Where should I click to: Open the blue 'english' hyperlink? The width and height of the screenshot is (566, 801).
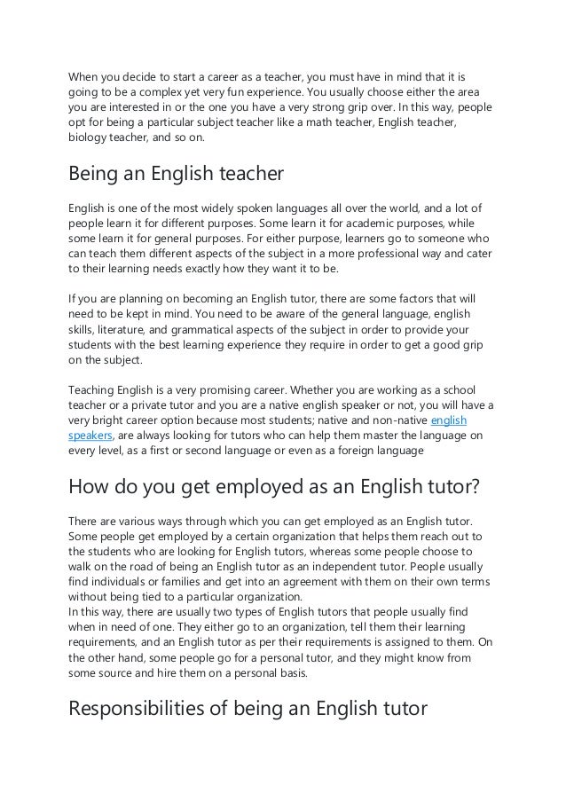[x=448, y=420]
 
